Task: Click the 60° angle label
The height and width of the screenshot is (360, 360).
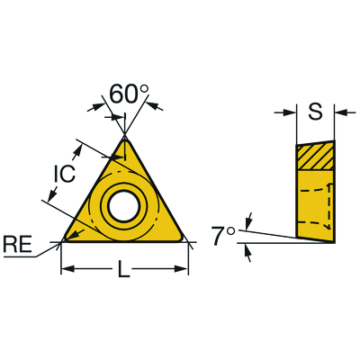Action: point(129,94)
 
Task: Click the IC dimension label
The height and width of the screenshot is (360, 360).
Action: point(64,173)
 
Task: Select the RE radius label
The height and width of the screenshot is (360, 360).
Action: point(17,245)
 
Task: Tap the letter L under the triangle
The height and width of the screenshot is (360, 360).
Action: point(123,269)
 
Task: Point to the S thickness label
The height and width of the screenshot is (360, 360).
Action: point(315,112)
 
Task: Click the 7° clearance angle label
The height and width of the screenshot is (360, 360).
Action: point(223,236)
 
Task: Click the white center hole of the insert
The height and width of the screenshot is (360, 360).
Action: point(124,206)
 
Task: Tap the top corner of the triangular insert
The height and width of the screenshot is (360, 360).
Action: point(124,138)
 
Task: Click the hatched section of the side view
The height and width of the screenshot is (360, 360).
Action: point(316,156)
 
